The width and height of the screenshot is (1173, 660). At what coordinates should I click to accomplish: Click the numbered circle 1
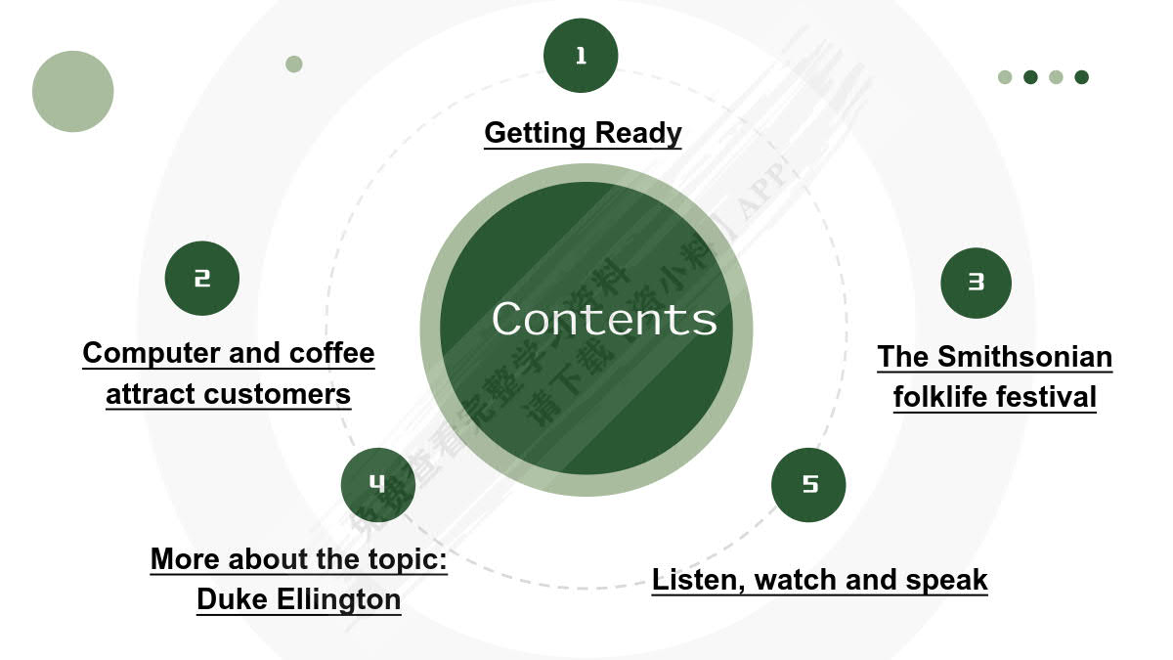[x=581, y=56]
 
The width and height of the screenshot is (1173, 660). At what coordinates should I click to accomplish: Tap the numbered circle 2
[x=201, y=279]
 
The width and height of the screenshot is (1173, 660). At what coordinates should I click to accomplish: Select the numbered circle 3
[x=976, y=282]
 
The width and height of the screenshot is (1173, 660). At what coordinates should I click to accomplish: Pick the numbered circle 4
[x=377, y=483]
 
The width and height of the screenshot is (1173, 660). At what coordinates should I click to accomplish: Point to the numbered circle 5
[x=808, y=484]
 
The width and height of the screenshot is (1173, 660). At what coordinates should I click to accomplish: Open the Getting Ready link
[x=583, y=132]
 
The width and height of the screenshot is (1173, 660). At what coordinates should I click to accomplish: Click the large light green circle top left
[x=73, y=91]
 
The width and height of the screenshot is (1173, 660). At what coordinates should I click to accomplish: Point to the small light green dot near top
[x=294, y=64]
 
